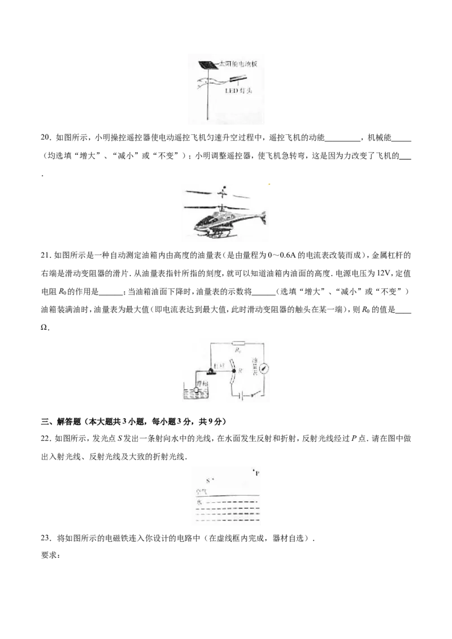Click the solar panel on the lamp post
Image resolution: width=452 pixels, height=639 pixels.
[205, 64]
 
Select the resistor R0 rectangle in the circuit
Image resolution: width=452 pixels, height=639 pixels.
[237, 343]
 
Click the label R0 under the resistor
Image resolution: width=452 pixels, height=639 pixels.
[238, 350]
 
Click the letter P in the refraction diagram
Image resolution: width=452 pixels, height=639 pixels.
[257, 474]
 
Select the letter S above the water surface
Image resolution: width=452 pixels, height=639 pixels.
[207, 481]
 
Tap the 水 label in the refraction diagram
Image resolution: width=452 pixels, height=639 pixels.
[198, 501]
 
